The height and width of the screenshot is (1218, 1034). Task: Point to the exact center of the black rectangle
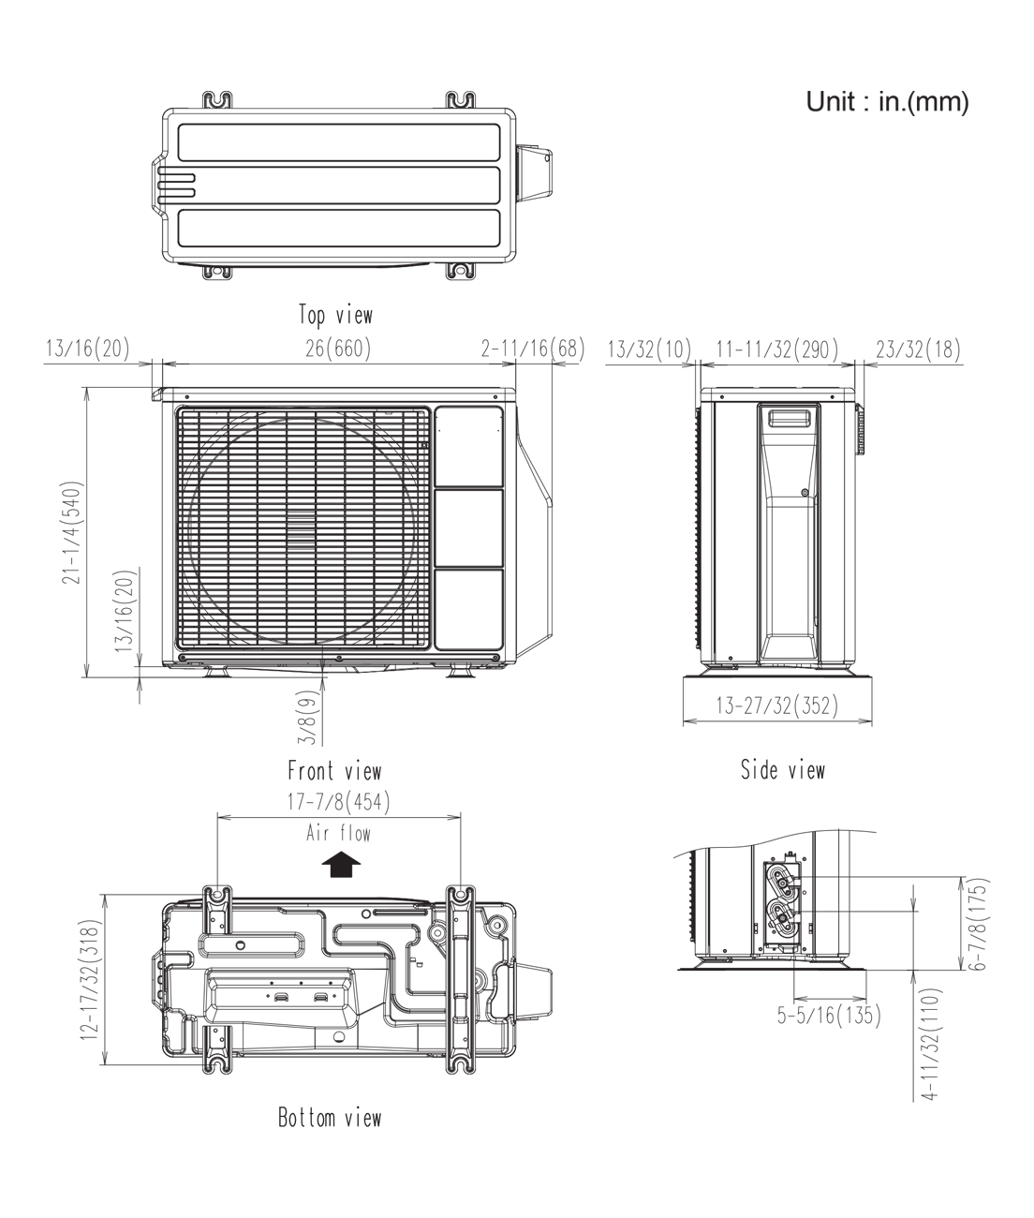pyautogui.click(x=517, y=609)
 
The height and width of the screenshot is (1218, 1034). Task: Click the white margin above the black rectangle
pyautogui.click(x=517, y=45)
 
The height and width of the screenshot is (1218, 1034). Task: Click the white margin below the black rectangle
pyautogui.click(x=517, y=1172)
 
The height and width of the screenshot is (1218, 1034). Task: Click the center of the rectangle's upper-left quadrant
pyautogui.click(x=280, y=350)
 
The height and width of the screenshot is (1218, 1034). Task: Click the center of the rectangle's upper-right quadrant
pyautogui.click(x=754, y=350)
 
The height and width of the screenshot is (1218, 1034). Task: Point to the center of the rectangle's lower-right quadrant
pyautogui.click(x=754, y=868)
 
